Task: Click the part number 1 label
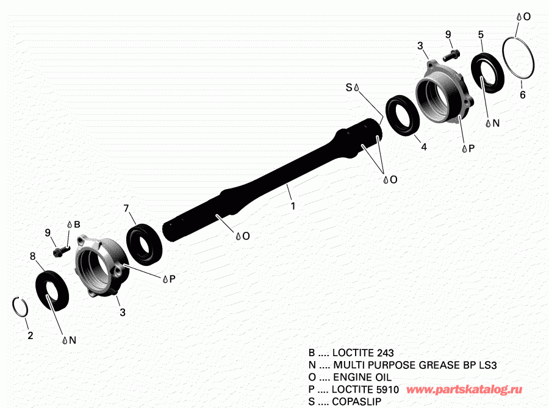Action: tap(293, 206)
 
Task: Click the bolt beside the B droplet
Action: tap(60, 251)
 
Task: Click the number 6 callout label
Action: tap(522, 95)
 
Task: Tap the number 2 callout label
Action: tap(30, 335)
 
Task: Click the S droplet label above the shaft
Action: tap(352, 87)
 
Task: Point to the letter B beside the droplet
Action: tap(77, 224)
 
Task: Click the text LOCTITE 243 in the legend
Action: tap(363, 353)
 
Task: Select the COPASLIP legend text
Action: tap(356, 401)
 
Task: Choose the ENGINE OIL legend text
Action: tap(362, 378)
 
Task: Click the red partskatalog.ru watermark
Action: tap(464, 390)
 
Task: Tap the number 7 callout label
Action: tap(126, 209)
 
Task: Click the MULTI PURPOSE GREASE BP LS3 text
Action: tap(415, 365)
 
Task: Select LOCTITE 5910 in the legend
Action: tap(365, 389)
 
